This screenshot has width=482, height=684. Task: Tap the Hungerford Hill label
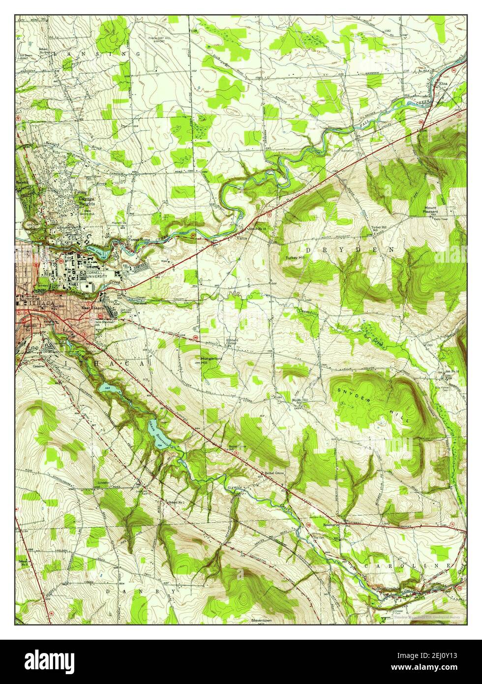[x=210, y=361]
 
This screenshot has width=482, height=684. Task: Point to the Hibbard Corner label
[x=232, y=341]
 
